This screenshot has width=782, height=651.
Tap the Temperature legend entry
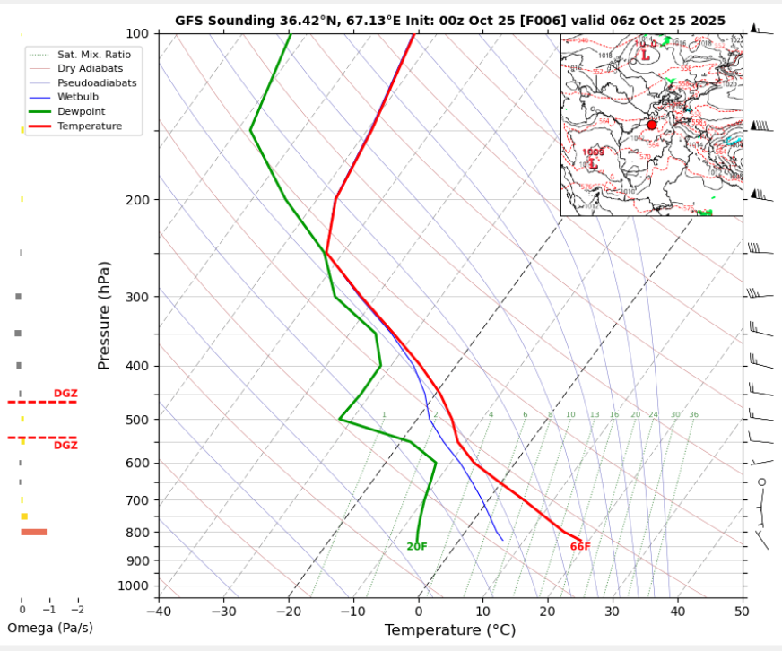pyautogui.click(x=89, y=126)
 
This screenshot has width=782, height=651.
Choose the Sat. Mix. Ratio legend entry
pyautogui.click(x=94, y=55)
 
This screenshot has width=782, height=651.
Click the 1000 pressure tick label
pyautogui.click(x=133, y=586)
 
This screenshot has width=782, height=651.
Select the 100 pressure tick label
pyautogui.click(x=137, y=34)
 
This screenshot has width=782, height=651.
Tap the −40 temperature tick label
pyautogui.click(x=159, y=612)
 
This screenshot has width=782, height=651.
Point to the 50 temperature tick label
pyautogui.click(x=741, y=612)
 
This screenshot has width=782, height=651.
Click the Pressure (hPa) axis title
pyautogui.click(x=105, y=315)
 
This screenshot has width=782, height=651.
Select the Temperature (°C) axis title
pyautogui.click(x=450, y=630)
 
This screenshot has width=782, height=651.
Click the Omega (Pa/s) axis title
pyautogui.click(x=50, y=628)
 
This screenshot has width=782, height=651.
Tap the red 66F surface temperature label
pyautogui.click(x=580, y=547)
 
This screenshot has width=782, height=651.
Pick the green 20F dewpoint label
pyautogui.click(x=417, y=547)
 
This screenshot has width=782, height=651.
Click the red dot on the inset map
pyautogui.click(x=652, y=125)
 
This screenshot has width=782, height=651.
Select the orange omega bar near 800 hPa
pyautogui.click(x=34, y=533)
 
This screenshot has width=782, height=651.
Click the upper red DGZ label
pyautogui.click(x=65, y=394)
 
